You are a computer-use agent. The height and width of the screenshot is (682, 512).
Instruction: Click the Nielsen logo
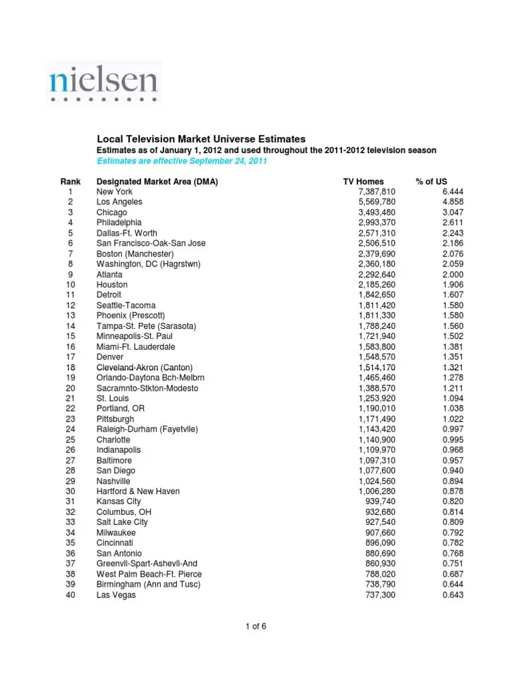[x=103, y=82]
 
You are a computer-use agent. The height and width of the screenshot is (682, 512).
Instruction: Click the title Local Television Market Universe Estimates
[x=201, y=139]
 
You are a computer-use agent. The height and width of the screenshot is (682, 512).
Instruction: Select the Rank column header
[x=70, y=181]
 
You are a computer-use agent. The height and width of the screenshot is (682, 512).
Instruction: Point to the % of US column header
[x=431, y=181]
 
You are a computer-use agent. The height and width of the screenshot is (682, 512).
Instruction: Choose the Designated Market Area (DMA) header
[x=157, y=181]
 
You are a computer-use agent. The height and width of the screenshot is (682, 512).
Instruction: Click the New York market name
[x=115, y=191]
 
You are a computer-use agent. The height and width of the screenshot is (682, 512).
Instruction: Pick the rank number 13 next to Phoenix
[x=70, y=316]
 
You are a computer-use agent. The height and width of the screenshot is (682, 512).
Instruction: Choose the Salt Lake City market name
[x=122, y=523]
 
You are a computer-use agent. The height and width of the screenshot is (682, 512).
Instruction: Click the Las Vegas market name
[x=116, y=595]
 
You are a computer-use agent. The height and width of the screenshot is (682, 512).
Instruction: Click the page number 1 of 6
[x=255, y=626]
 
